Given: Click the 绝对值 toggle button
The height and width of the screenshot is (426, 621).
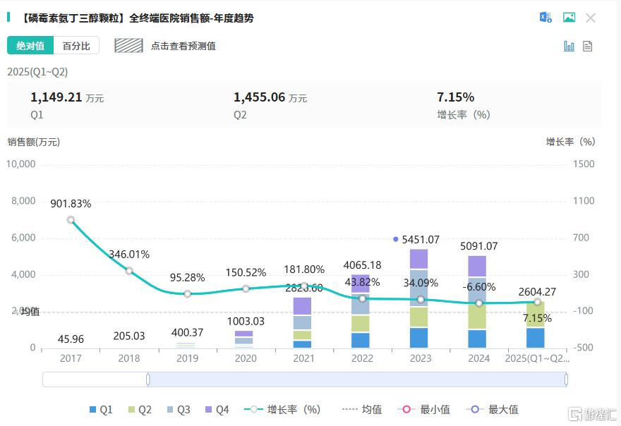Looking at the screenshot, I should click(x=30, y=46).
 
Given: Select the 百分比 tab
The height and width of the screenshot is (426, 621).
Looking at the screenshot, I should click(x=76, y=46).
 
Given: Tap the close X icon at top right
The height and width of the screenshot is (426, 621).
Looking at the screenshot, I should click(x=591, y=18).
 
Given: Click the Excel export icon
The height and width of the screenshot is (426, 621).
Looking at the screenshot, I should click(x=545, y=18).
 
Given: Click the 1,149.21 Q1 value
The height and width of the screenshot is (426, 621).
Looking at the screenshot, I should click(x=57, y=97).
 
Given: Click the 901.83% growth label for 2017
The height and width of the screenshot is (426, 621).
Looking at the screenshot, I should click(x=71, y=204).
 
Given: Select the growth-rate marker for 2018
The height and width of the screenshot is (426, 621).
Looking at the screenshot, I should click(x=129, y=271).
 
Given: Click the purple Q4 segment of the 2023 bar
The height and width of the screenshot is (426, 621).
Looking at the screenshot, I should click(x=418, y=260).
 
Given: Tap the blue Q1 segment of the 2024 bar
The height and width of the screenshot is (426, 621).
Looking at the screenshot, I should click(x=477, y=339).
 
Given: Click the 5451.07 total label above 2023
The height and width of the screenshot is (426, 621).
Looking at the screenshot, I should click(x=420, y=240).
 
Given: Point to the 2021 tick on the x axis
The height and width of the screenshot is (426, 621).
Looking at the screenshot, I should click(x=303, y=358).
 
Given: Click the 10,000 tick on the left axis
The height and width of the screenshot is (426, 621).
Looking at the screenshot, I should click(x=21, y=164).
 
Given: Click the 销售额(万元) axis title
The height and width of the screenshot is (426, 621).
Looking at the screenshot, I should click(x=34, y=142).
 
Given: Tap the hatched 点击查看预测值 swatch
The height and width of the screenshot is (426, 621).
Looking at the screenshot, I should click(x=129, y=46).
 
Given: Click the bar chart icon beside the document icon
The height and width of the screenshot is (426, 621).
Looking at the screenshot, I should click(x=569, y=46).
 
